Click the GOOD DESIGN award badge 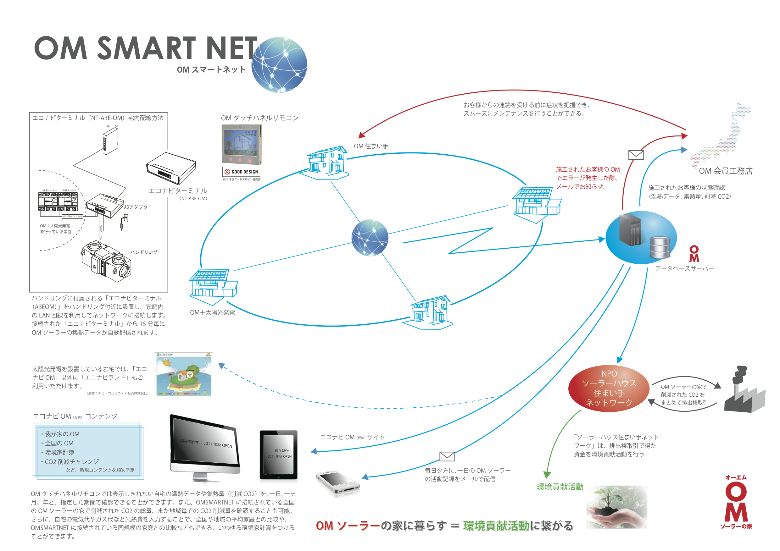pos(241,172)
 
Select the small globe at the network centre pos(370,238)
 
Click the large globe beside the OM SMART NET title pos(279,64)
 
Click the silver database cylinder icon pos(660,248)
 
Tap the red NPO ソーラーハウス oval pos(609,388)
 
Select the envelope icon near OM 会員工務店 pos(636,155)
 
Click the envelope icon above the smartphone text pos(447,456)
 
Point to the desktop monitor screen pos(205,443)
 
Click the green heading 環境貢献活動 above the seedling pos(560,487)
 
